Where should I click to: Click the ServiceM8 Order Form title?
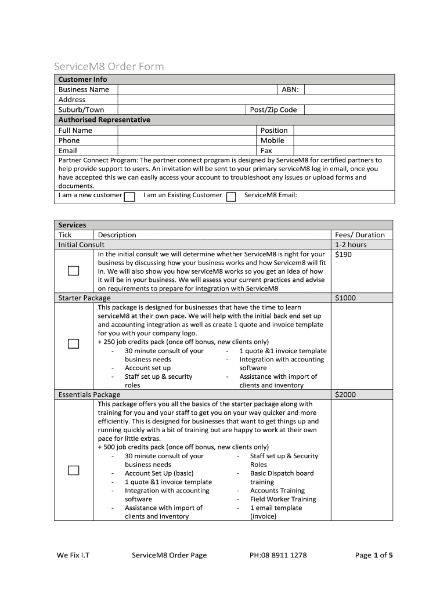[x=109, y=67]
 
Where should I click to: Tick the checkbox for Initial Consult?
[x=73, y=271]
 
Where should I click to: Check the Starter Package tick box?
[x=73, y=343]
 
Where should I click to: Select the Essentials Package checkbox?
[x=73, y=470]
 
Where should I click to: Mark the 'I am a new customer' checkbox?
[x=130, y=197]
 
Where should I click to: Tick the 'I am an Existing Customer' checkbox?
[x=231, y=197]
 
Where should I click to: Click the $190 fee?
[x=343, y=255]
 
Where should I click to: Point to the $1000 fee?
[x=345, y=298]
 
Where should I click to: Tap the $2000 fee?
[x=345, y=394]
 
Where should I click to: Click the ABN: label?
[x=290, y=89]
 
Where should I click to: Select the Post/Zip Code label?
[x=273, y=110]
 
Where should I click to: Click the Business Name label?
[x=84, y=89]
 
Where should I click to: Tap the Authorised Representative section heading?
[x=104, y=119]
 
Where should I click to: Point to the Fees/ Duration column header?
[x=360, y=235]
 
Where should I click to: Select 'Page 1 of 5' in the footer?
[x=374, y=555]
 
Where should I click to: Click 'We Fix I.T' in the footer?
[x=73, y=555]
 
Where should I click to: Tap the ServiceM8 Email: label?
[x=271, y=195]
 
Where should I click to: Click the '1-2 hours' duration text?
[x=351, y=245]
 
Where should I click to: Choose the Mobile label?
[x=272, y=140]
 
